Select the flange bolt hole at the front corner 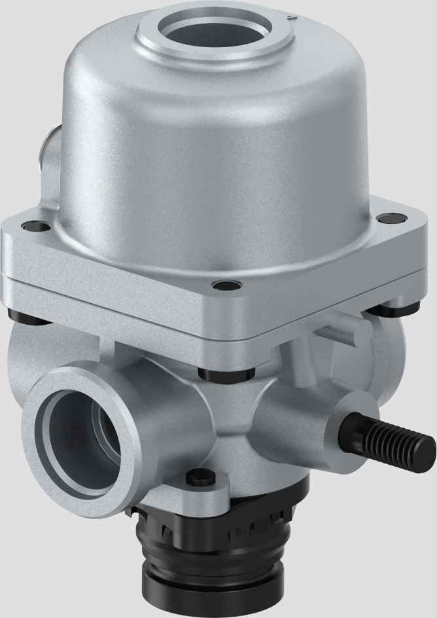225,286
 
